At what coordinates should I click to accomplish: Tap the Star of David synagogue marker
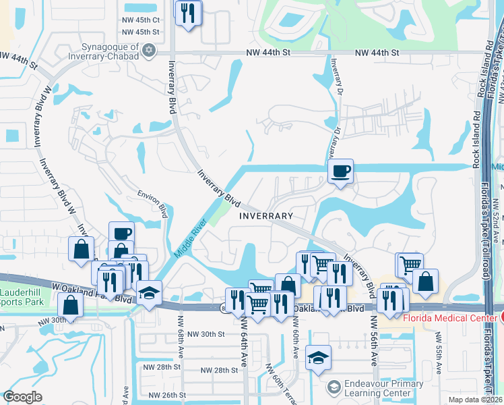point(149,51)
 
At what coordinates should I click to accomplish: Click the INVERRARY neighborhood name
point(266,216)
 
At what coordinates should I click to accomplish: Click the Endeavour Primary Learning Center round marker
point(334,387)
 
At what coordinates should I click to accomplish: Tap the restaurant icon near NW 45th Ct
point(188,13)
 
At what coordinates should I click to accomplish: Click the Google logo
point(22,397)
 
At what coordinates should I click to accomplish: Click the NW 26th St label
point(166,395)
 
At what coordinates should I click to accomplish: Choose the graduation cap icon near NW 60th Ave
point(318,358)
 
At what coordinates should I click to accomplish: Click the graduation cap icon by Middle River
point(149,293)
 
